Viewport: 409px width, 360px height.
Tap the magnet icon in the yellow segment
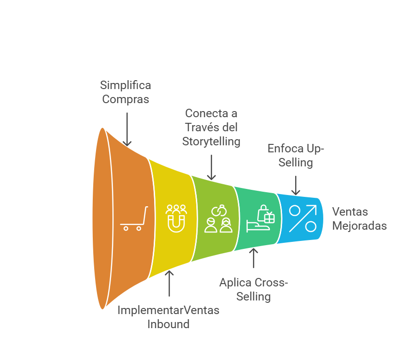pyautogui.click(x=176, y=218)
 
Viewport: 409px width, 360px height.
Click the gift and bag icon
pyautogui.click(x=260, y=218)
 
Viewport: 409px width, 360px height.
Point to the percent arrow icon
pyautogui.click(x=303, y=218)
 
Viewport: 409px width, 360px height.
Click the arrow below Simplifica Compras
pyautogui.click(x=127, y=129)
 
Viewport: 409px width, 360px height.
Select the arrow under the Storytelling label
pyautogui.click(x=211, y=167)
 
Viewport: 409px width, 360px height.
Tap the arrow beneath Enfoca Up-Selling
pyautogui.click(x=296, y=185)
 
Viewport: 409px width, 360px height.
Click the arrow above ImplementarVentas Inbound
pyautogui.click(x=169, y=283)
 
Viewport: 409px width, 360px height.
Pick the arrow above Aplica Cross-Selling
pyautogui.click(x=253, y=258)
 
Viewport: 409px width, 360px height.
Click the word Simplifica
pyautogui.click(x=126, y=85)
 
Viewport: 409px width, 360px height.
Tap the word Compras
pyautogui.click(x=126, y=99)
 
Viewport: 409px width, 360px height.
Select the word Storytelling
pyautogui.click(x=211, y=142)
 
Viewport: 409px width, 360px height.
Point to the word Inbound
pyautogui.click(x=168, y=324)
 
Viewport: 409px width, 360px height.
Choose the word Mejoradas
pyautogui.click(x=359, y=226)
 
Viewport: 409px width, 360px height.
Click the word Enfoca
pyautogui.click(x=286, y=149)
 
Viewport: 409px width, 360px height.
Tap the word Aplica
pyautogui.click(x=235, y=283)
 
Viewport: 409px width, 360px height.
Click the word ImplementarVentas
pyautogui.click(x=168, y=310)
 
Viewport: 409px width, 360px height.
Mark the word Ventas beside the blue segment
pyautogui.click(x=350, y=212)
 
